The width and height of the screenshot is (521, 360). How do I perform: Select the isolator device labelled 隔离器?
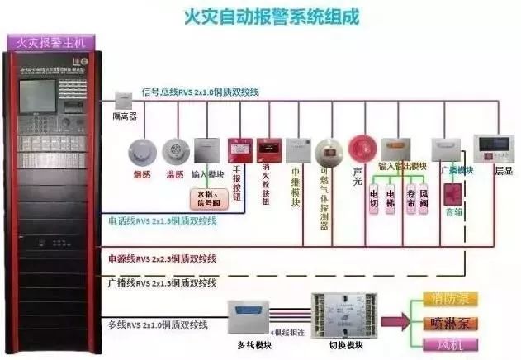click(124, 98)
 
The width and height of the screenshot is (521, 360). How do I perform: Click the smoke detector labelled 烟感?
click(141, 150)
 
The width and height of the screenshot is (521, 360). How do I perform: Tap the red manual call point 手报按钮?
click(239, 150)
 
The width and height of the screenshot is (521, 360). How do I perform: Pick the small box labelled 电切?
click(373, 199)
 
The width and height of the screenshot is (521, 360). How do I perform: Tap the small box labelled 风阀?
click(424, 199)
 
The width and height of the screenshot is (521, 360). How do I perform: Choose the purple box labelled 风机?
click(449, 343)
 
